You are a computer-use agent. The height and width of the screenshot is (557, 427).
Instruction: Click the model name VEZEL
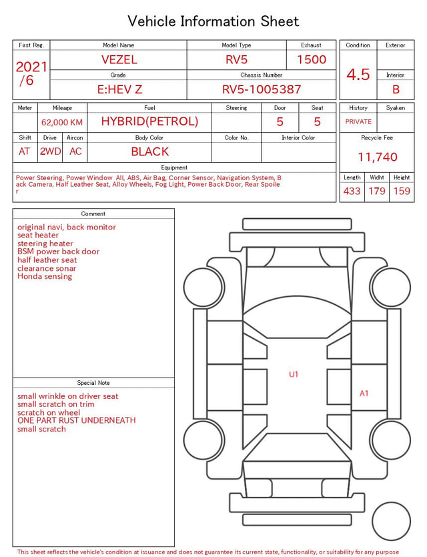(x=119, y=59)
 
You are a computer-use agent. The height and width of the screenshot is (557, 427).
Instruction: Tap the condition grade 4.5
(x=358, y=75)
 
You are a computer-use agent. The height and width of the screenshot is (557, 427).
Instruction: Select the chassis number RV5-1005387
(x=262, y=89)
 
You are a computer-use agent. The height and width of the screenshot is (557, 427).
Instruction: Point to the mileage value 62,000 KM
(x=62, y=123)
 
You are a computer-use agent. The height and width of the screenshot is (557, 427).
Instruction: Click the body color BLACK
(x=150, y=151)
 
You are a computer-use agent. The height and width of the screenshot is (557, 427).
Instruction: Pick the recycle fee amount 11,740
(x=377, y=157)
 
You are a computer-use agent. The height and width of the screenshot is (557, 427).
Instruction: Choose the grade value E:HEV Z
(x=119, y=89)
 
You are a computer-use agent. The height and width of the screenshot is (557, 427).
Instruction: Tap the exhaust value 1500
(x=312, y=59)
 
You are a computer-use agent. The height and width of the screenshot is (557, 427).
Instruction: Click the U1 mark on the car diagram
(x=294, y=374)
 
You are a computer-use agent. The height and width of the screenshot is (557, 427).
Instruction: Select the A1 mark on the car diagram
(x=364, y=394)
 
